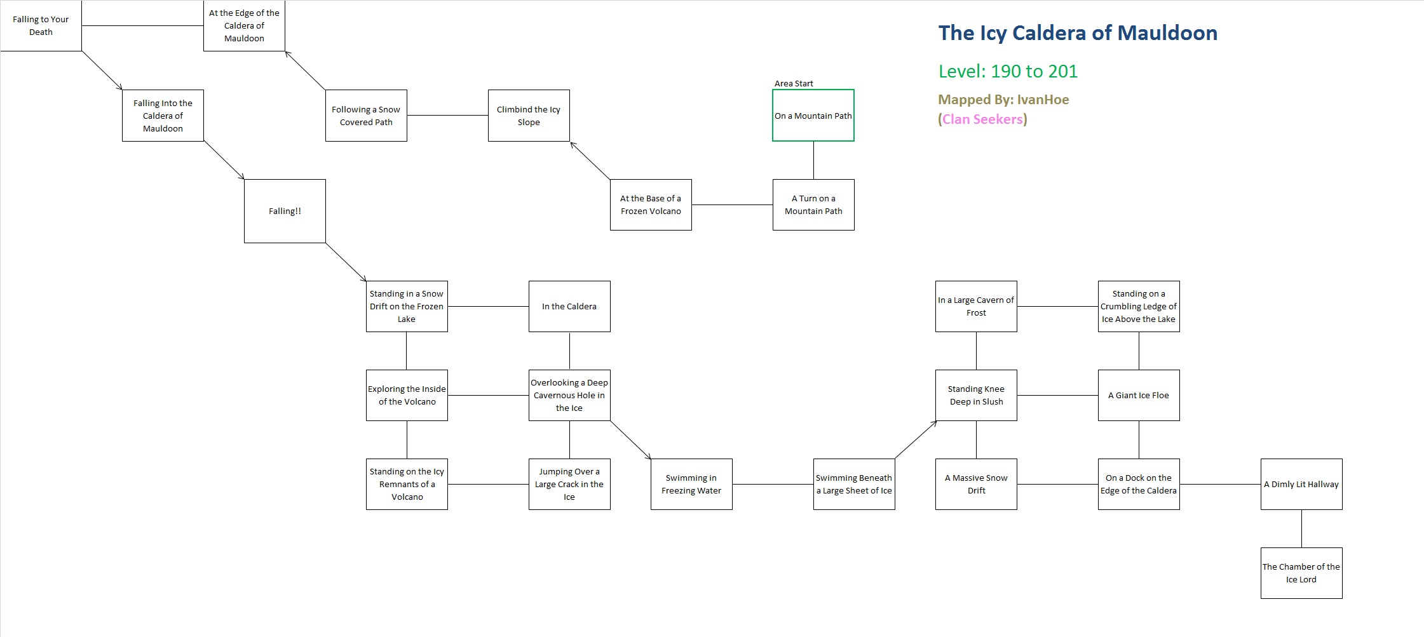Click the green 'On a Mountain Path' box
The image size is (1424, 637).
coord(813,116)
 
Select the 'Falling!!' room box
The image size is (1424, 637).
coord(285,211)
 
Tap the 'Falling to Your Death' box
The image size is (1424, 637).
coord(41,25)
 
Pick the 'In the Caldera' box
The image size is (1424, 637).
coord(569,306)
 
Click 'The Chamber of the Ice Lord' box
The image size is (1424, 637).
coord(1301,573)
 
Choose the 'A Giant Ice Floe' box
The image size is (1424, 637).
coord(1139,395)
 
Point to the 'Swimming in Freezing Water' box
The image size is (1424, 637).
coord(691,484)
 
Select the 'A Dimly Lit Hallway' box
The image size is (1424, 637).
coord(1301,484)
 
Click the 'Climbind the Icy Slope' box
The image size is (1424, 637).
coord(529,116)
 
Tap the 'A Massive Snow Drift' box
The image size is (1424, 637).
coord(976,484)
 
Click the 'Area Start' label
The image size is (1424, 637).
coord(794,83)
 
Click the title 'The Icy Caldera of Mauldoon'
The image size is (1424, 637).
coord(1078,33)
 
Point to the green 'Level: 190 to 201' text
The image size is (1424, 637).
coord(1008,71)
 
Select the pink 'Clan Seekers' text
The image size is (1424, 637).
coord(982,119)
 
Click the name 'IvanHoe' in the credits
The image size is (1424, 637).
coord(1043,100)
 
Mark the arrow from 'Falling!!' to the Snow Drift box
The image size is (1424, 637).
coord(346,262)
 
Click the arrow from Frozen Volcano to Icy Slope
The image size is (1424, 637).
coord(590,160)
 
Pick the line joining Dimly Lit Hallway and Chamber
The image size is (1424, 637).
coord(1301,528)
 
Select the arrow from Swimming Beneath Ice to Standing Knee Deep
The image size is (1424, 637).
coord(916,439)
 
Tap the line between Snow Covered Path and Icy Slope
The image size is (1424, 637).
coord(447,116)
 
